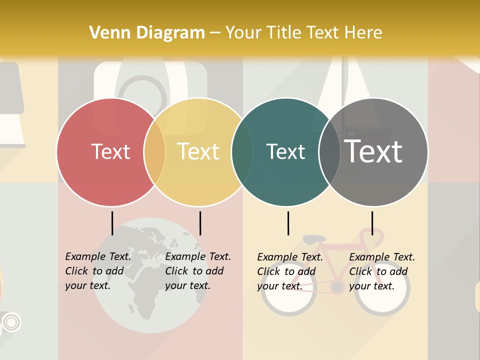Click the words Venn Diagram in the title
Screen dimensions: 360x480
coord(147,33)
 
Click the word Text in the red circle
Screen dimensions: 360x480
coord(110,151)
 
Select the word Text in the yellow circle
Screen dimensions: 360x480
coord(198,151)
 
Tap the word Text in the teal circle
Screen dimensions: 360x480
coord(285,151)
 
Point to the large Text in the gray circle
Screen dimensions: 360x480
coord(373,151)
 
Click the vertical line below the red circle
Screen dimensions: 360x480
coord(112,223)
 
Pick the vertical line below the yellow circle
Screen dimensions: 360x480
coord(200,223)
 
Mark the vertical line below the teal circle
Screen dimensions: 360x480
coord(288,223)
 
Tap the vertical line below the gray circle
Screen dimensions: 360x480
coord(372,223)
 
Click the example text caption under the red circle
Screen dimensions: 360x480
coord(98,271)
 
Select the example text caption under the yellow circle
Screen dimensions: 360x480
coord(198,271)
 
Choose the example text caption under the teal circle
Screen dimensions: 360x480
coord(290,271)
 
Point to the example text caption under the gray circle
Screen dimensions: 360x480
coord(382,271)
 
